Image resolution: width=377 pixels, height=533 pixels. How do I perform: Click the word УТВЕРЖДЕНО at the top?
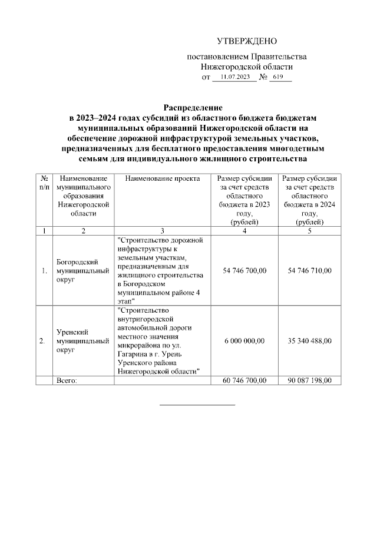coord(246,41)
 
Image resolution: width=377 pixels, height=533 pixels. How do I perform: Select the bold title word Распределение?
coord(193,108)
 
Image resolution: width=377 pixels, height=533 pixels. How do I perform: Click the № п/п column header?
coord(44,183)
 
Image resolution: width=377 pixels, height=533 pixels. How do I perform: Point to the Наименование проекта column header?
coord(163,178)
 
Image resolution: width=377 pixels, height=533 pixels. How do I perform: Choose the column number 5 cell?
coord(310,230)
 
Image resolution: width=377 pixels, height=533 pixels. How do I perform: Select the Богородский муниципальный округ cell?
coord(82,270)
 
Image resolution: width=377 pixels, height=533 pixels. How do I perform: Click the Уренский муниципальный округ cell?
coord(82,340)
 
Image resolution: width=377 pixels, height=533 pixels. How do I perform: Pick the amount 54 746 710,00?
coord(310,270)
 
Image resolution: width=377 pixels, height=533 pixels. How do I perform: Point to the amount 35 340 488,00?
coord(310,340)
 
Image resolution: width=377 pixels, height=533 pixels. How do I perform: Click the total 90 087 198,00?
coord(310,380)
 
